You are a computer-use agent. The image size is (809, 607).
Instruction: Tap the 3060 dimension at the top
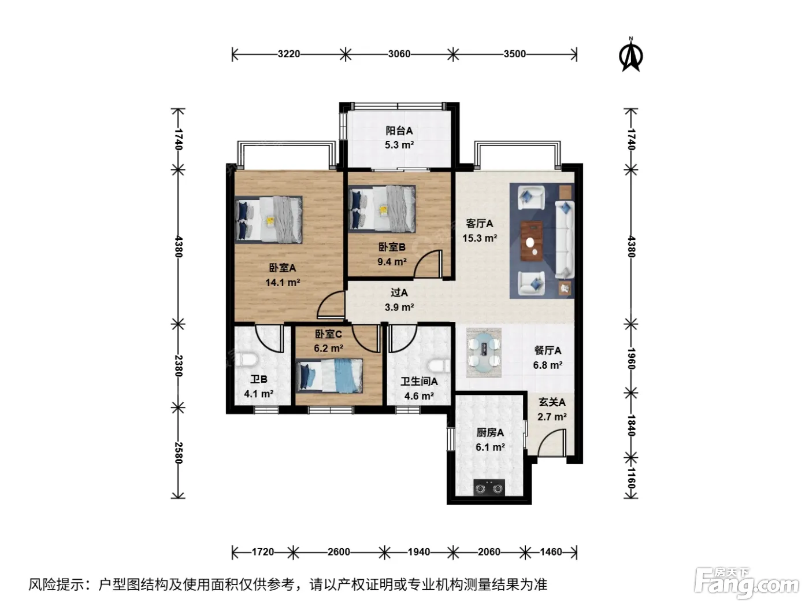[x=399, y=54]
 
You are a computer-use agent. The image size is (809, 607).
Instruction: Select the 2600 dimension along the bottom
[x=339, y=552]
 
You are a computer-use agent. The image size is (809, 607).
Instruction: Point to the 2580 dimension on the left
[x=179, y=453]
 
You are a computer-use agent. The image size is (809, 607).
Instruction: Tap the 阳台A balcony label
[x=399, y=131]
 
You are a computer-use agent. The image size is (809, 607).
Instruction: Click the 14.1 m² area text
[x=283, y=283]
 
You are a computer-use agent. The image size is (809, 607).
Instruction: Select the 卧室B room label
[x=392, y=247]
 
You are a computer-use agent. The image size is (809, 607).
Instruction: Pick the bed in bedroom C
[x=329, y=376]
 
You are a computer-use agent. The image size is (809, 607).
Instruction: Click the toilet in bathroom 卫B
[x=244, y=360]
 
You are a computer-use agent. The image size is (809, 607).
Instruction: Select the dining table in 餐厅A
[x=484, y=353]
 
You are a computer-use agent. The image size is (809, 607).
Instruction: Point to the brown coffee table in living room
[x=532, y=242]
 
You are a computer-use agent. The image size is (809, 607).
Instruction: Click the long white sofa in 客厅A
[x=565, y=239]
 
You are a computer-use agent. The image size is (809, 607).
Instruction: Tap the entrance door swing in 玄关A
[x=552, y=443]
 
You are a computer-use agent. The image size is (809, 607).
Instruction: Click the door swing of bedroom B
[x=428, y=264]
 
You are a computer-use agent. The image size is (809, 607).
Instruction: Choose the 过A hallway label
[x=399, y=293]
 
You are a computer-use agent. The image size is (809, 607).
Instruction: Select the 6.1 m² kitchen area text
[x=490, y=447]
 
